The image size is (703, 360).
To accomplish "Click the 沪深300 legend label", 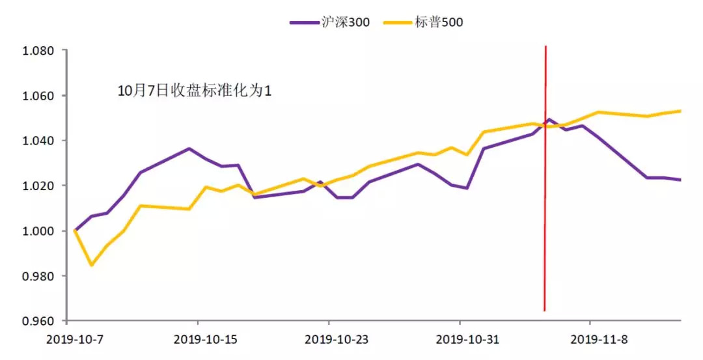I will (x=346, y=22).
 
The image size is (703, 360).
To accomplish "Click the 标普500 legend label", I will (x=439, y=22).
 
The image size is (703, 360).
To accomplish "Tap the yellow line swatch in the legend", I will (x=398, y=22).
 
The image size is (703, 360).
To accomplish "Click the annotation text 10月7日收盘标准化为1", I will (x=194, y=91).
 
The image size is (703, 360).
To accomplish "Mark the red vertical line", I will (x=545, y=195).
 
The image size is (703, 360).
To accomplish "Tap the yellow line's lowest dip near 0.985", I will (x=91, y=265).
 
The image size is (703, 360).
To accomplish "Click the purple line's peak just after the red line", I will (x=549, y=120).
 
